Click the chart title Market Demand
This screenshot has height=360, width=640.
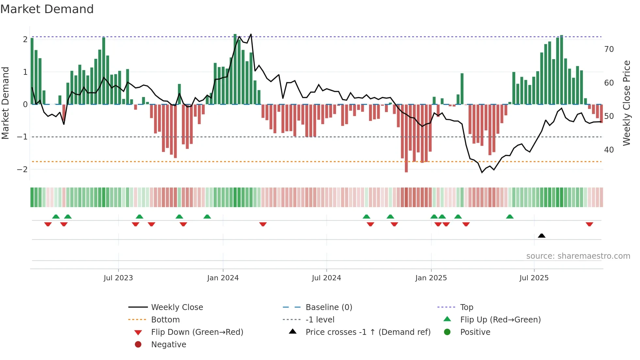[47, 9]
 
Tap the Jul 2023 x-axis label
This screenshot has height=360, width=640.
[118, 278]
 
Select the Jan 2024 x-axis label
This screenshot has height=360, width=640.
[223, 278]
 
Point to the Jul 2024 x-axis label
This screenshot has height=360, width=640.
[327, 278]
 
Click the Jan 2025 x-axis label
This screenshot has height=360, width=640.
[431, 278]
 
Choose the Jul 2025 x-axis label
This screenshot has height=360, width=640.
[534, 278]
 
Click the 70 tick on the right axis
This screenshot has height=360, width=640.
[609, 49]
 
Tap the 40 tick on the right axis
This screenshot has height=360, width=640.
[609, 150]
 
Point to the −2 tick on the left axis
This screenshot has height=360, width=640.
[23, 170]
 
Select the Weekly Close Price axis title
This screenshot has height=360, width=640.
[626, 103]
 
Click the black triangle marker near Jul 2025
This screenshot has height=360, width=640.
[542, 236]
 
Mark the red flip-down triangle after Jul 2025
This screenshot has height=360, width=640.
[589, 224]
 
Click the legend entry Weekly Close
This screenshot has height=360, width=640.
[177, 307]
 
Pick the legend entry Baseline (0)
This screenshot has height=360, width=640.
[329, 307]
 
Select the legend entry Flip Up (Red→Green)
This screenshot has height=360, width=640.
[500, 320]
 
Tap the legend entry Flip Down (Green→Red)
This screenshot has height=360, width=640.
[197, 332]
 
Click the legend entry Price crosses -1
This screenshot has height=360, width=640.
[368, 332]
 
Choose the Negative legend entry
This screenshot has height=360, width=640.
[168, 345]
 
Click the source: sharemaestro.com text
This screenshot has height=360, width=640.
[578, 256]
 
